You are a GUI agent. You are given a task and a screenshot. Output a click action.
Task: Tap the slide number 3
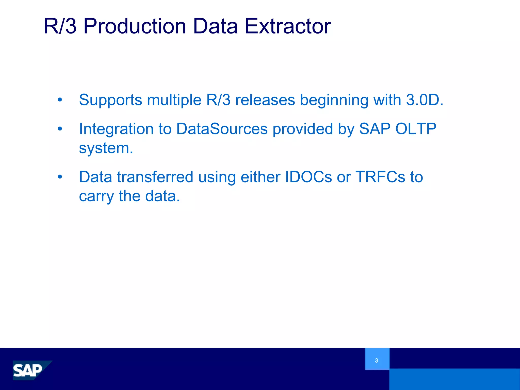pyautogui.click(x=377, y=360)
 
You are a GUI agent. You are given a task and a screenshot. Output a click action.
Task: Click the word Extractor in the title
pyautogui.click(x=288, y=26)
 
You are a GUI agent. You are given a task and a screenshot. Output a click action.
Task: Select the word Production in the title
pyautogui.click(x=135, y=26)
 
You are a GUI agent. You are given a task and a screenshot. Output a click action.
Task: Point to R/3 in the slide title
pyautogui.click(x=60, y=26)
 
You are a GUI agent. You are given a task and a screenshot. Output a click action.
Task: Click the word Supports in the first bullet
pyautogui.click(x=110, y=100)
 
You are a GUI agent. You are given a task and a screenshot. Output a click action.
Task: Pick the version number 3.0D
pyautogui.click(x=424, y=100)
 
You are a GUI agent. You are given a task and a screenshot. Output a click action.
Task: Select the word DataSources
pyautogui.click(x=222, y=129)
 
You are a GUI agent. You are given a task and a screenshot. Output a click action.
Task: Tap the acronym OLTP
pyautogui.click(x=416, y=129)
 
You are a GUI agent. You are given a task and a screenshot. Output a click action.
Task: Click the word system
pyautogui.click(x=106, y=148)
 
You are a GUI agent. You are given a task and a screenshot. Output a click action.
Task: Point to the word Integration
pyautogui.click(x=116, y=129)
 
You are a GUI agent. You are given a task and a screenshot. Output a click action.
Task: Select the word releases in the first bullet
pyautogui.click(x=265, y=100)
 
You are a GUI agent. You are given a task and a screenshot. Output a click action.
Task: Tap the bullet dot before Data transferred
pyautogui.click(x=60, y=177)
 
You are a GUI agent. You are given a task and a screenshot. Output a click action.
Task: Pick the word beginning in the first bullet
pyautogui.click(x=334, y=100)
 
